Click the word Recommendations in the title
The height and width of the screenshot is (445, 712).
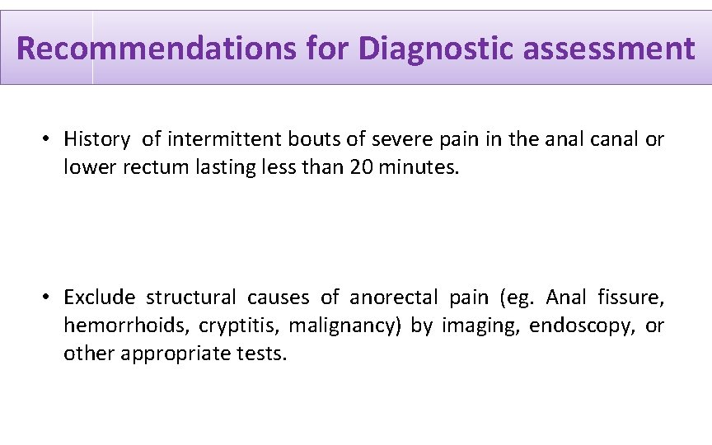(x=155, y=49)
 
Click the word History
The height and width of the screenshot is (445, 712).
(x=96, y=139)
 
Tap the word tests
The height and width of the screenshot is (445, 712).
(x=260, y=354)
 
